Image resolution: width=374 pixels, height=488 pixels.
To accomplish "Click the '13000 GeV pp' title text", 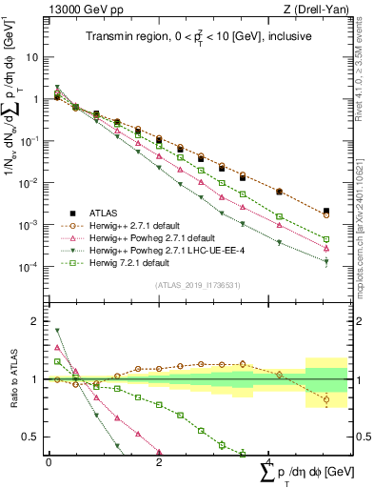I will point(79,11).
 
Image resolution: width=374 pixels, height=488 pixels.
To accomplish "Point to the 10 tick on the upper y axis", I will point(32,57).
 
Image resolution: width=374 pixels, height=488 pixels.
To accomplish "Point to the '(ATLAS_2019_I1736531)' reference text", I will point(190,285).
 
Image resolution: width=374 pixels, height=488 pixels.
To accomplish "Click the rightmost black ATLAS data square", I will point(326,211).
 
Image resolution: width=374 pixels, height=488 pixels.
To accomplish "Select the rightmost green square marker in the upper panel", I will point(326,239).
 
